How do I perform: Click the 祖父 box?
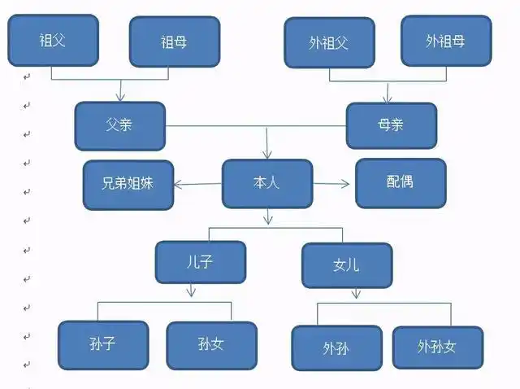54,39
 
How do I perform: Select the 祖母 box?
175,41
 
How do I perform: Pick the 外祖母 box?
446,40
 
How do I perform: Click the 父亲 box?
120,126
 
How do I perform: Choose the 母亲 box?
392,126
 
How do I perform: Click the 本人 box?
266,183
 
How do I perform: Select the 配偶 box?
401,182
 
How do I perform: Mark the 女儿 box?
347,265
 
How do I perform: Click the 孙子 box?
103,345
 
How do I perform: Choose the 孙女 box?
211,345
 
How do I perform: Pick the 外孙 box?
336,348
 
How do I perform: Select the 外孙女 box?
438,347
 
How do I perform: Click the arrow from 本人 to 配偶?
333,183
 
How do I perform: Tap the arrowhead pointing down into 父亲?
120,96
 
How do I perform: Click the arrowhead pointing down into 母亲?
388,98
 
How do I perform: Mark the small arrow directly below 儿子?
192,291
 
